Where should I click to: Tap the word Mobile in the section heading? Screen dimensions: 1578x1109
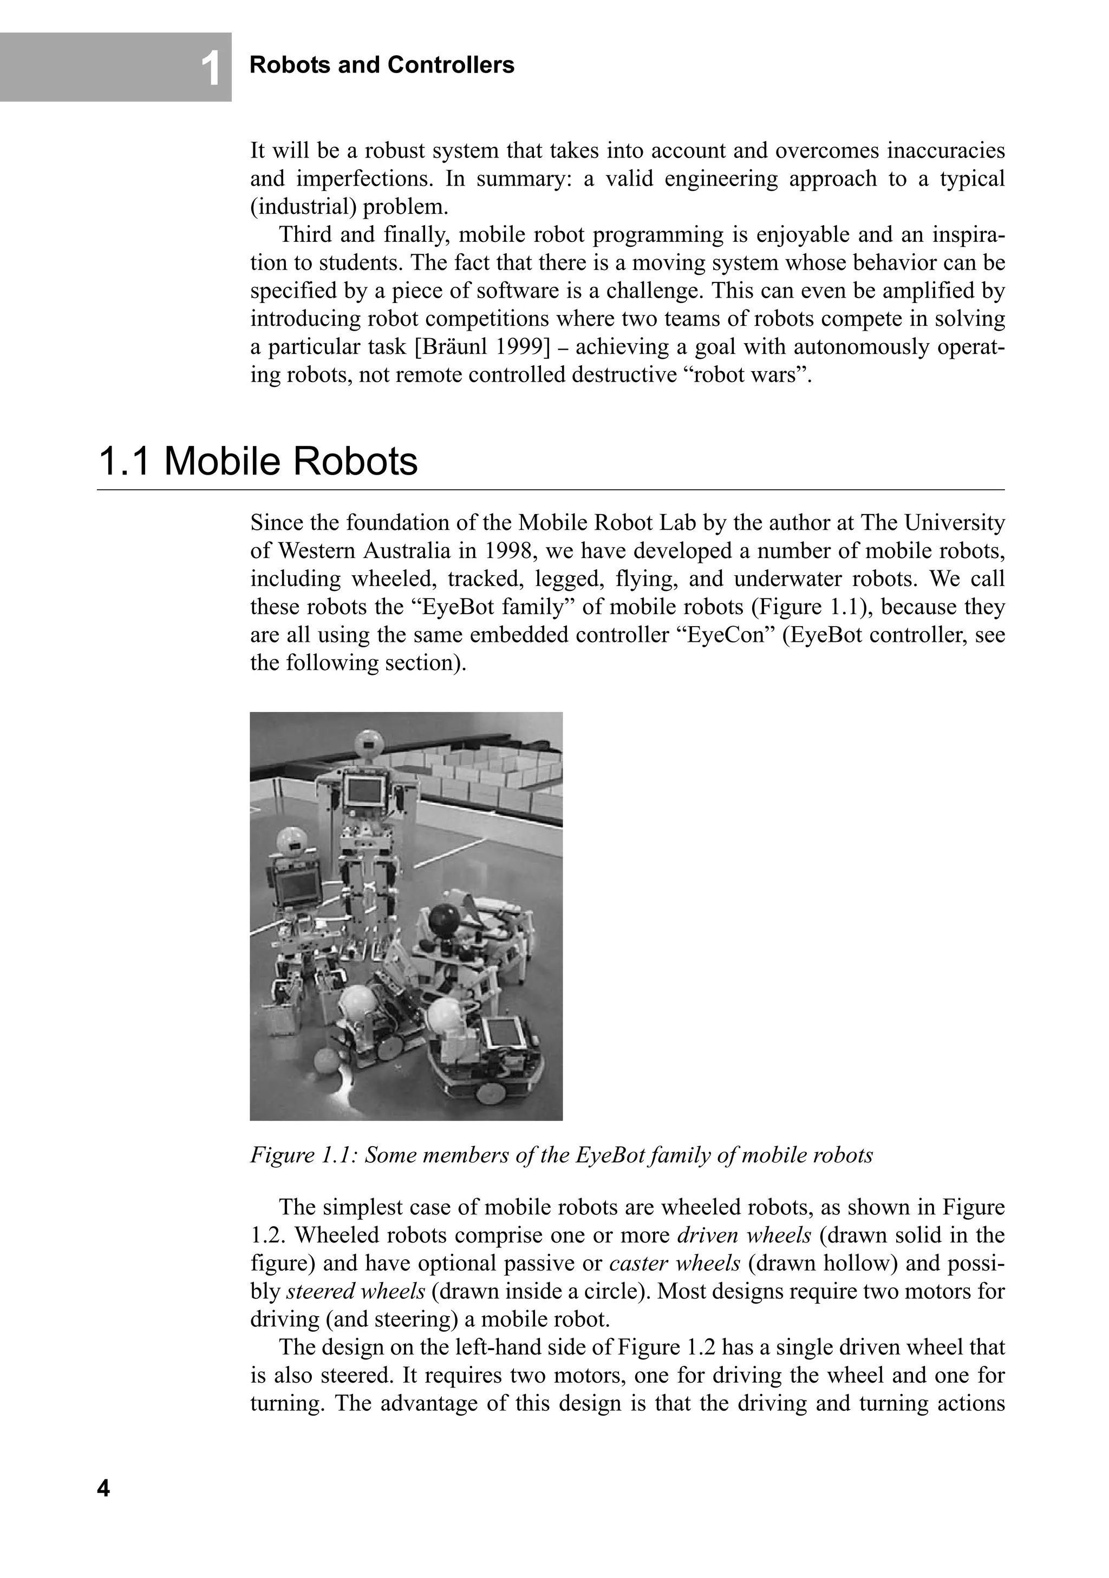pyautogui.click(x=221, y=461)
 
